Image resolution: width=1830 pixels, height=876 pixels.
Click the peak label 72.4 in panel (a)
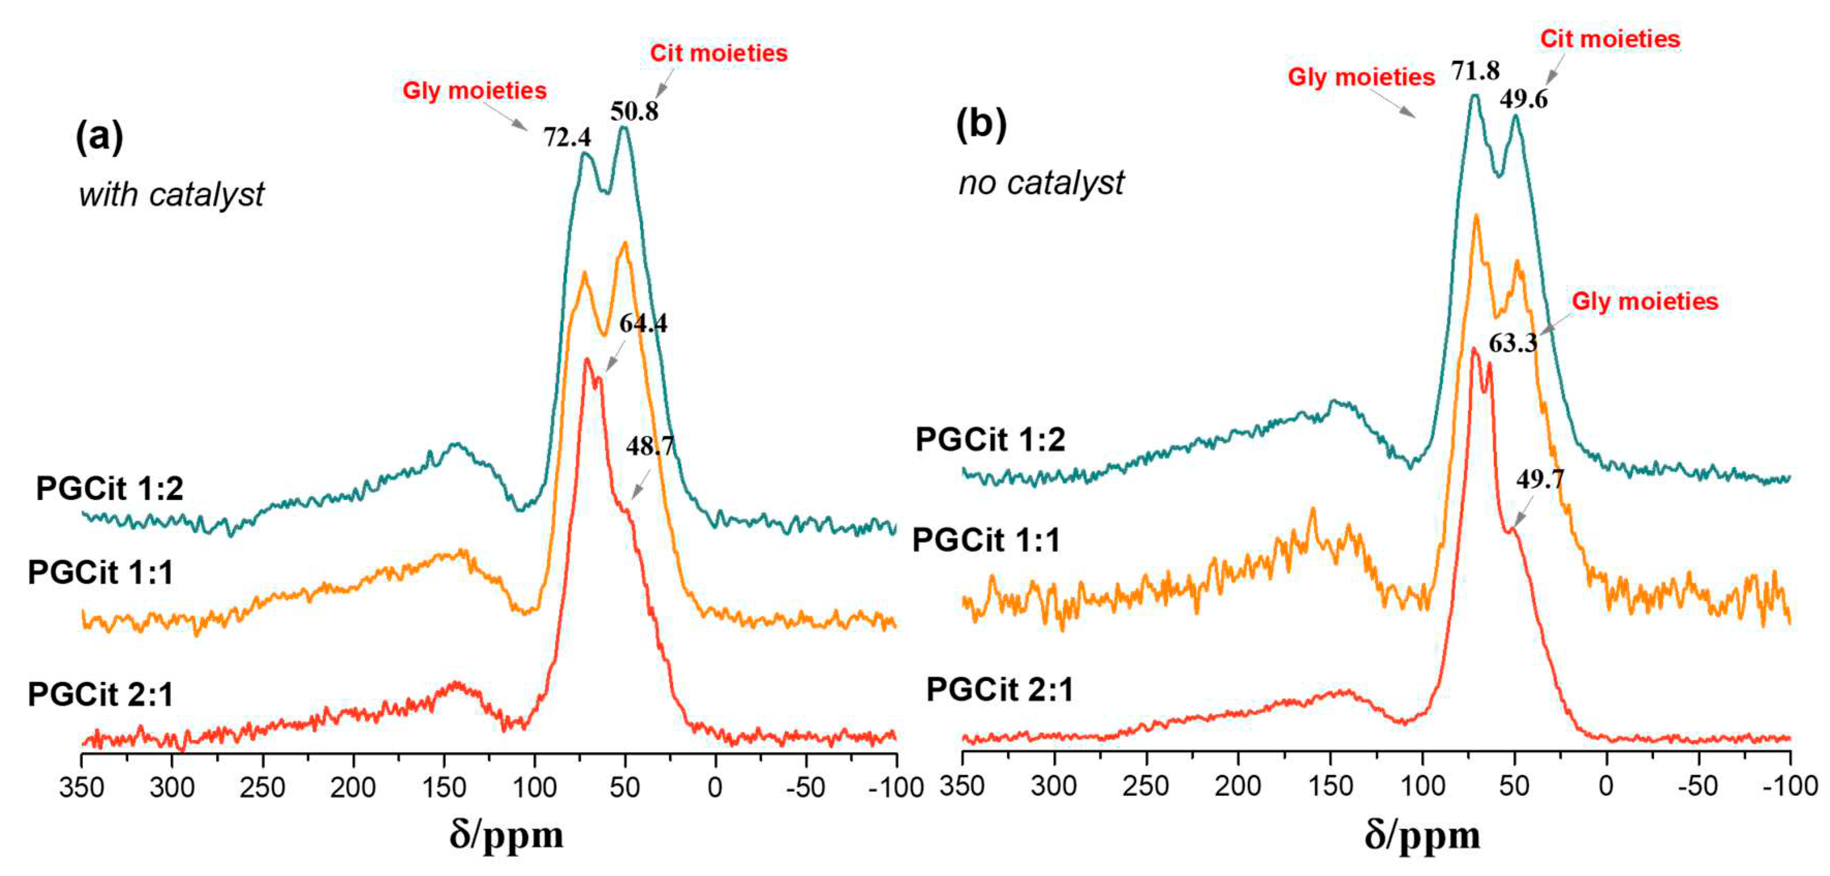click(567, 137)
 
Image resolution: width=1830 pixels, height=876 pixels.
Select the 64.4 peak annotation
click(643, 323)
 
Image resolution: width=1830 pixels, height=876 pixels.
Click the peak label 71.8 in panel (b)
click(1475, 70)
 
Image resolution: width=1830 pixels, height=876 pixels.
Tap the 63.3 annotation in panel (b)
click(1513, 343)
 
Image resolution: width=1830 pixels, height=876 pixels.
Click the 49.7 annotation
click(1540, 480)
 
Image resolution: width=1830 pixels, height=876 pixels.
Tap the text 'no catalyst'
click(1041, 182)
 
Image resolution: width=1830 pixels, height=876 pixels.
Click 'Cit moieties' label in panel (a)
click(718, 53)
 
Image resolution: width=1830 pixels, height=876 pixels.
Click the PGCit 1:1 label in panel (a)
click(100, 572)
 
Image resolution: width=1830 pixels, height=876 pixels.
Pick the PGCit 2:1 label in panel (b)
click(999, 689)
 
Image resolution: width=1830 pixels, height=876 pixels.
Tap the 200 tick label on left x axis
click(352, 787)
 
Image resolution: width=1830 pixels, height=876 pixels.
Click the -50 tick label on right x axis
click(1697, 786)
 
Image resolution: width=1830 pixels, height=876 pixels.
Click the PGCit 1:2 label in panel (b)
click(990, 439)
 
